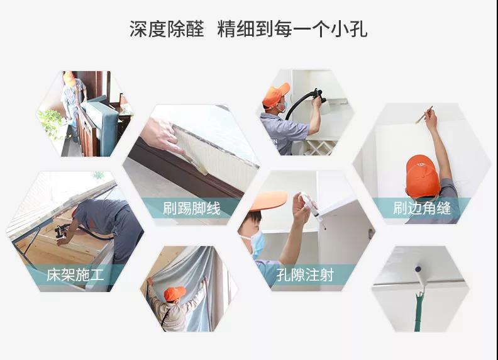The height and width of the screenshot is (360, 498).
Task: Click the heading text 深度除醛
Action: pos(167,29)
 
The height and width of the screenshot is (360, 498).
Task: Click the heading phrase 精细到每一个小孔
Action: pos(292,29)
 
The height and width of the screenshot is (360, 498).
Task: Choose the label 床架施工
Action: pos(75,275)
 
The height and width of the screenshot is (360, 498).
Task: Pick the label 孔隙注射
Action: pos(308,275)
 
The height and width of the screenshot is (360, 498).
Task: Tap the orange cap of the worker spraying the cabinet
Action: pos(275,94)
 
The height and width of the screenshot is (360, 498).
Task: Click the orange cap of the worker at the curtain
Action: pos(174,293)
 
